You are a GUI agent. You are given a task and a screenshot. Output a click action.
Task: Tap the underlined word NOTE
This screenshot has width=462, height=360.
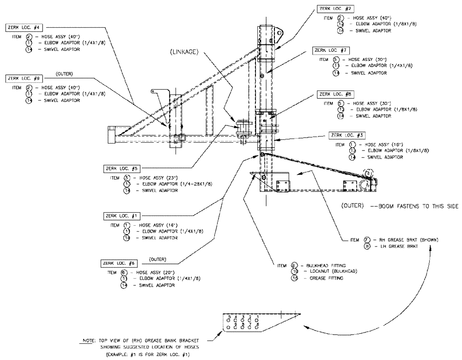click(87, 341)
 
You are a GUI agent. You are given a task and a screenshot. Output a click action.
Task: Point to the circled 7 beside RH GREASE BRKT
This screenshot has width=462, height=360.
click(368, 240)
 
